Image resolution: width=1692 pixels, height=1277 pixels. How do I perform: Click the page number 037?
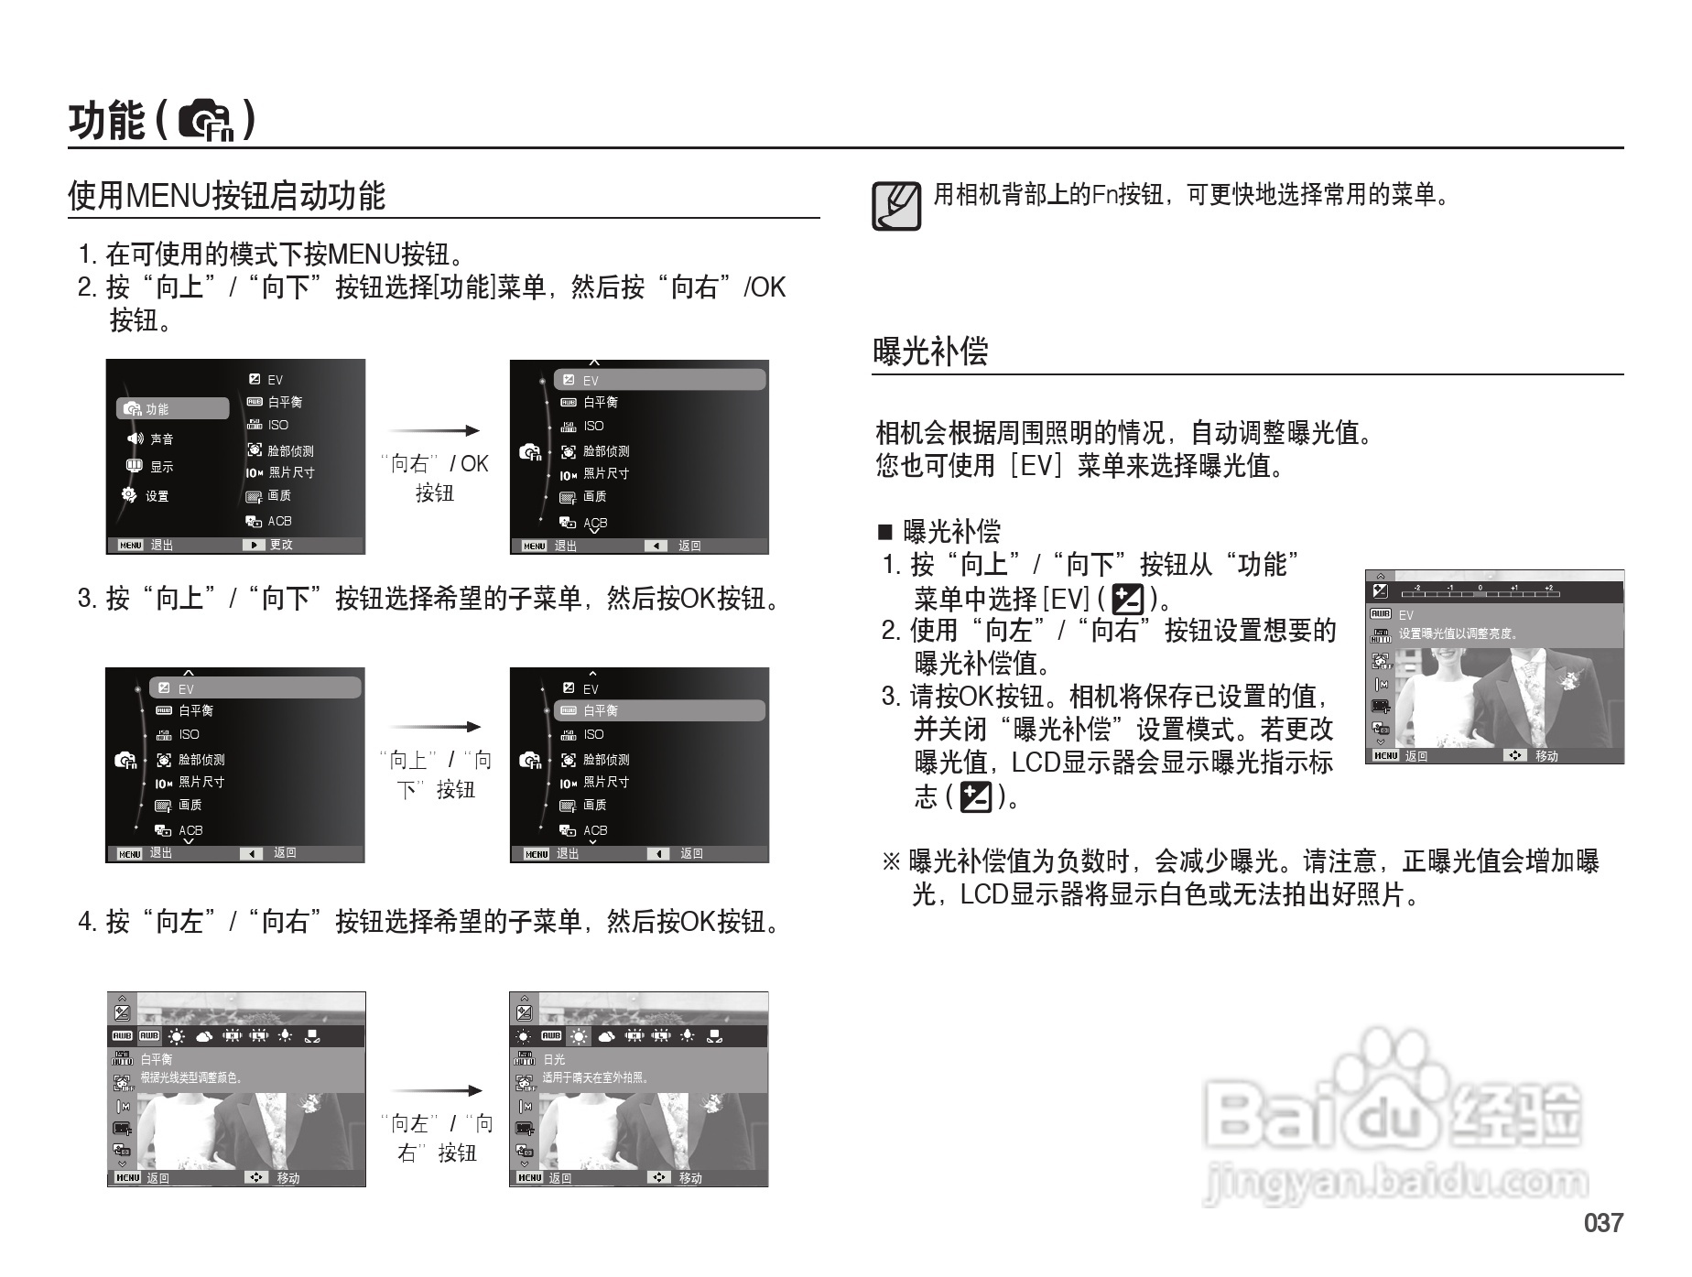[1602, 1223]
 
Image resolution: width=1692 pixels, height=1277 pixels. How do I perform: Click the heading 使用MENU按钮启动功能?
[226, 196]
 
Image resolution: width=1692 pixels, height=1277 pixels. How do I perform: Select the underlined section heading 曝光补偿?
[930, 352]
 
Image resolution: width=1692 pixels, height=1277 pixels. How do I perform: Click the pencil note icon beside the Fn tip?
[896, 205]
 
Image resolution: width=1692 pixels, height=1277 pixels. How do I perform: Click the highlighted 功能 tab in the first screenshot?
[172, 409]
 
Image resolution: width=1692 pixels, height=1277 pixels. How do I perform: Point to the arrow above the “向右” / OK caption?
[434, 431]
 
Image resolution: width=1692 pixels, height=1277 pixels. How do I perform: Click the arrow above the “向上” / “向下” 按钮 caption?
[435, 728]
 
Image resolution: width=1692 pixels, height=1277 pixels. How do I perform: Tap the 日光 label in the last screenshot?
[554, 1060]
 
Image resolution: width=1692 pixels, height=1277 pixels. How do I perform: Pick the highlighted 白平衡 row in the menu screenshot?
[659, 711]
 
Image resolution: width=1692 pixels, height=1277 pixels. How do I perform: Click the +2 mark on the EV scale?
[1548, 589]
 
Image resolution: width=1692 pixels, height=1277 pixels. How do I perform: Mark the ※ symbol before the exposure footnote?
[891, 861]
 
